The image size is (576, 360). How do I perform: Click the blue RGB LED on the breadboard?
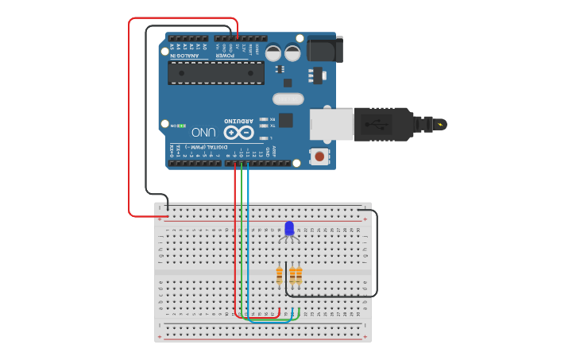[x=289, y=229]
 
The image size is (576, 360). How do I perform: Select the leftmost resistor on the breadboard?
[x=279, y=275]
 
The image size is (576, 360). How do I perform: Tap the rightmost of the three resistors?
[x=299, y=275]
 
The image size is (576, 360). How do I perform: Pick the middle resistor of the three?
[x=292, y=275]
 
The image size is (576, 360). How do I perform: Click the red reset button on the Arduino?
[x=319, y=156]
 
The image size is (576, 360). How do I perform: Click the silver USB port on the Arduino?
[x=331, y=123]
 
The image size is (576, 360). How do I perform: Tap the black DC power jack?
[x=324, y=49]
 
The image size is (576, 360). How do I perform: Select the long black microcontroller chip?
[x=216, y=72]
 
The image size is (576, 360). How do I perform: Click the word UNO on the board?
[x=203, y=132]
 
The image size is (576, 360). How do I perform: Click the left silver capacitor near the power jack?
[x=273, y=53]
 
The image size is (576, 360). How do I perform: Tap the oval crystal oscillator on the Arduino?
[x=288, y=99]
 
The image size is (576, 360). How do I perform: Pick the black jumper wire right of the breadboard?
[x=376, y=254]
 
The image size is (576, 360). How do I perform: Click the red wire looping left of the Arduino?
[x=129, y=119]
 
